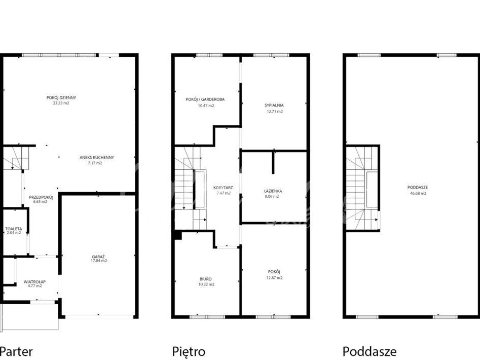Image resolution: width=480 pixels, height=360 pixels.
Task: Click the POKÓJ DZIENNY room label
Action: click(x=61, y=98)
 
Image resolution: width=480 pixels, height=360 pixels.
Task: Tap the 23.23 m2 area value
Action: click(x=61, y=103)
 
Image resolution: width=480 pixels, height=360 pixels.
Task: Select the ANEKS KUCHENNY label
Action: click(x=97, y=157)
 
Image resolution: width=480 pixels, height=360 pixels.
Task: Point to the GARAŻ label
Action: click(x=98, y=257)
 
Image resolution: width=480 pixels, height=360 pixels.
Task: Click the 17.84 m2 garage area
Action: click(x=99, y=261)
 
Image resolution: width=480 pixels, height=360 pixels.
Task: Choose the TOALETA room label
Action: click(x=14, y=229)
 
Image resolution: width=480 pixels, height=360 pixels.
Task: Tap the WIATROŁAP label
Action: click(x=34, y=281)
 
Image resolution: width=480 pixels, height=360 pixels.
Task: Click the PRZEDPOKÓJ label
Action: click(x=41, y=197)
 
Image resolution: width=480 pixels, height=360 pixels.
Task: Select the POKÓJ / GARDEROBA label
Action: click(x=205, y=99)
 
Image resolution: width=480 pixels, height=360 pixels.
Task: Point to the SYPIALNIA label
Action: click(x=274, y=105)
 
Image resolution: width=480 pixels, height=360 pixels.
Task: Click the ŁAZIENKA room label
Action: click(x=273, y=191)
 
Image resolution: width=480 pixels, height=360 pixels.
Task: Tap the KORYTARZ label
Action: click(x=223, y=188)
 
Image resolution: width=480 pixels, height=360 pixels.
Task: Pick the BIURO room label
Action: click(x=205, y=279)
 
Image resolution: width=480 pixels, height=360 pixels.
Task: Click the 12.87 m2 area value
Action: click(x=274, y=278)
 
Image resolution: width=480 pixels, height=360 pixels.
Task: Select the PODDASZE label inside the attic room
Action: click(x=418, y=187)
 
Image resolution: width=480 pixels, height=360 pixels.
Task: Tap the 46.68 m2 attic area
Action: click(x=418, y=193)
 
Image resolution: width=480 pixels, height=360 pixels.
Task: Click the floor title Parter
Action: click(x=17, y=351)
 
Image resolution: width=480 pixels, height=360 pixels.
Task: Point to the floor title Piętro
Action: click(x=189, y=351)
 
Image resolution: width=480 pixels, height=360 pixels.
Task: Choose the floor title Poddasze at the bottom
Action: click(x=370, y=351)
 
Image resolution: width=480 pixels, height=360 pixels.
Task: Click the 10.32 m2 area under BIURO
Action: click(x=206, y=284)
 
